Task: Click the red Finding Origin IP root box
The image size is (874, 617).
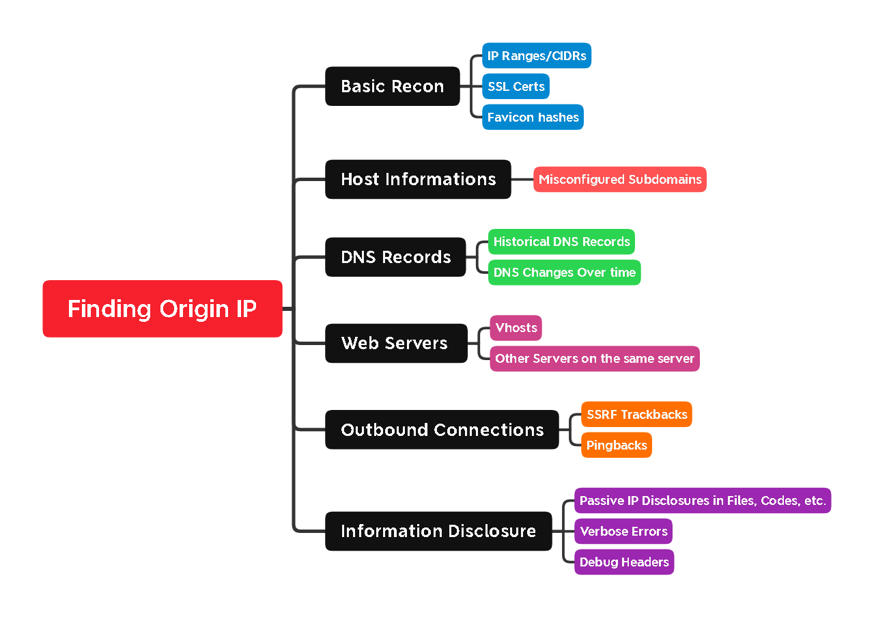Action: coord(163,309)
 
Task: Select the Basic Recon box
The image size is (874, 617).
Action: coord(393,86)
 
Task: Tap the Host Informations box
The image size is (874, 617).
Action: coord(418,179)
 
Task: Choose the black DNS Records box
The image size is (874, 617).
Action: coord(395,257)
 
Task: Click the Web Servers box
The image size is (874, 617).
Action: coord(396,343)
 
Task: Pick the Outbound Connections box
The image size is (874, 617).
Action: coord(442,430)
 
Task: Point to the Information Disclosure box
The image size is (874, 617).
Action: coord(438,531)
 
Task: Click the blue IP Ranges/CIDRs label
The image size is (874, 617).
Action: coord(537,55)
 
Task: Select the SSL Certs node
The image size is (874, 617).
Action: coord(516,86)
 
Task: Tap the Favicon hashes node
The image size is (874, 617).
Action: coord(533,117)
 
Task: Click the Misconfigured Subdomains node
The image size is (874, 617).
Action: coord(620,179)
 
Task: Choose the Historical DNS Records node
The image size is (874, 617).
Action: coord(561,241)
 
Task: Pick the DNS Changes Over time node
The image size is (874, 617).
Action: coord(565,272)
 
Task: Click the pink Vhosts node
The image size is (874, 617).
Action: coord(516,328)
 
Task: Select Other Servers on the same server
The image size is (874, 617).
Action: coord(595,359)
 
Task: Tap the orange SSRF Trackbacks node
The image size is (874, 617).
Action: coord(637,414)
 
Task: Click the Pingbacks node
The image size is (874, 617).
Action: coord(617,445)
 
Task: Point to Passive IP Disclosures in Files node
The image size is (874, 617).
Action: coord(703,500)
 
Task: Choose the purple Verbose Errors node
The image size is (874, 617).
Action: coord(623,531)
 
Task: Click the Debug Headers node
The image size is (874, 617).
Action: coord(624,562)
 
